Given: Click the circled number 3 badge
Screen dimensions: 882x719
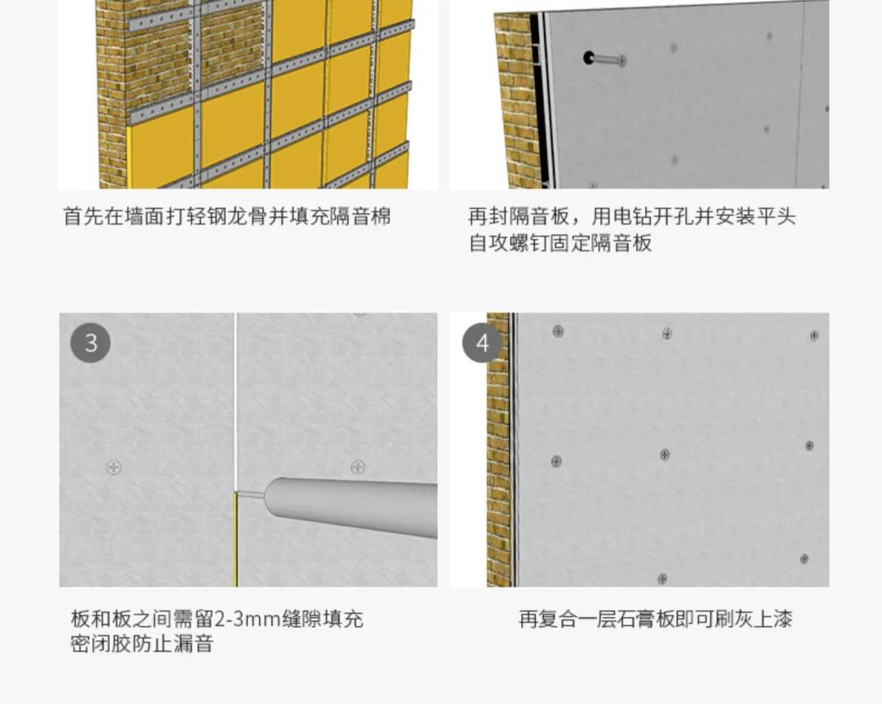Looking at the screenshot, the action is pyautogui.click(x=91, y=342).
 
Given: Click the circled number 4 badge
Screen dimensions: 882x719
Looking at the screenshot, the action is pyautogui.click(x=482, y=342).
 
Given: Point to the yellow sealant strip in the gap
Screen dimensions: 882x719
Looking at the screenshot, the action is pyautogui.click(x=236, y=539).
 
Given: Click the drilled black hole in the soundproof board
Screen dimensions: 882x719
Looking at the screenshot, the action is pyautogui.click(x=588, y=58).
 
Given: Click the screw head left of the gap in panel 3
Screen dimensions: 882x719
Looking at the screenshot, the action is pyautogui.click(x=114, y=467).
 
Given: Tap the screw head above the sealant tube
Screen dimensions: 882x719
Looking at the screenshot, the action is pyautogui.click(x=358, y=467).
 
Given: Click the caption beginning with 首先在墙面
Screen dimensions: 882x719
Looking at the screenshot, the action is pyautogui.click(x=227, y=216).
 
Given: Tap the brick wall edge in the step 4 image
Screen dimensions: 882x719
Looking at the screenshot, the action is pyautogui.click(x=498, y=450).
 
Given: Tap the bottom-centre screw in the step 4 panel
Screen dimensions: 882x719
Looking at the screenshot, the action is pyautogui.click(x=662, y=579).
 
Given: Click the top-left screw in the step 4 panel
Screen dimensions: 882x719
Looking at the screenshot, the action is pyautogui.click(x=558, y=331).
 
